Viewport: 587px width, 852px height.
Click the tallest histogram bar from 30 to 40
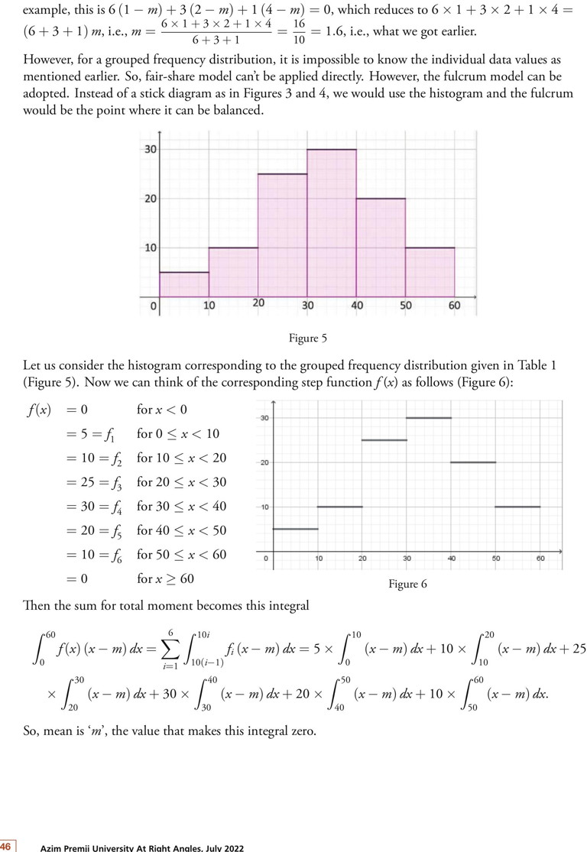[332, 222]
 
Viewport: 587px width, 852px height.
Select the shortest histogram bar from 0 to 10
[184, 284]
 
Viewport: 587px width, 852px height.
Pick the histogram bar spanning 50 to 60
[430, 272]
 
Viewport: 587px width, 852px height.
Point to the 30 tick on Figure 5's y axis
[151, 149]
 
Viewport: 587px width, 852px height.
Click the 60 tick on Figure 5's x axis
[454, 305]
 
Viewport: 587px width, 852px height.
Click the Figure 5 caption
[307, 338]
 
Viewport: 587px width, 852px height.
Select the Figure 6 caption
[407, 584]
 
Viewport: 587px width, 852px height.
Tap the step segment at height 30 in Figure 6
[429, 418]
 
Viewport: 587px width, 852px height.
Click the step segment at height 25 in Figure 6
[384, 440]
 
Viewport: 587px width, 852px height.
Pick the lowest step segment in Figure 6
[295, 529]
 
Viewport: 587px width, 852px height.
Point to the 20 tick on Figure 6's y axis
[264, 462]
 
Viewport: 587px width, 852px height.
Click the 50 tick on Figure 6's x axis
[496, 559]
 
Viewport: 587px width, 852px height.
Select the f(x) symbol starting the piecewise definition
[39, 410]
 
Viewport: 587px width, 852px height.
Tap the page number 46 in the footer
[5, 846]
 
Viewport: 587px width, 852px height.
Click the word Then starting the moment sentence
[37, 606]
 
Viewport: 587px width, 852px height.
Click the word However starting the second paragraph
[51, 60]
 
